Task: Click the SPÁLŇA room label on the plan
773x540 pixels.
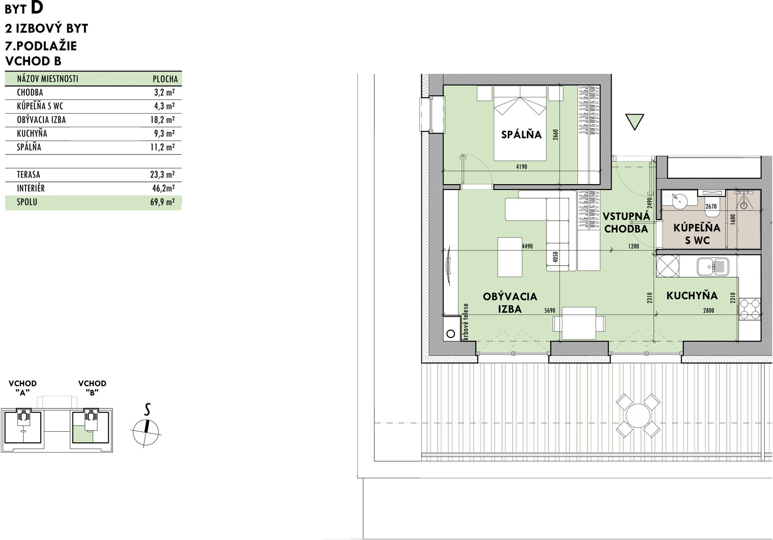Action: tap(521, 134)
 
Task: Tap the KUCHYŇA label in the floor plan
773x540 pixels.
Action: tap(692, 295)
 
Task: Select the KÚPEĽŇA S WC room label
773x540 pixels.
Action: tap(697, 234)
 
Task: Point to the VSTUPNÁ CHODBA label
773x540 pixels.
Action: tap(626, 223)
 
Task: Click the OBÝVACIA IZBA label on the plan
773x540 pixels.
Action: tap(510, 303)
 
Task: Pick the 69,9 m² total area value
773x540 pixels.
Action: tap(162, 202)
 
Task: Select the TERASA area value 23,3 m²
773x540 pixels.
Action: tap(162, 175)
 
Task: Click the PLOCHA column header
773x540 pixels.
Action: tap(165, 79)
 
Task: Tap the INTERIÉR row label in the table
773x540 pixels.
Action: tap(31, 188)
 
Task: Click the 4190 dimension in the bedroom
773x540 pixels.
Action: tap(521, 167)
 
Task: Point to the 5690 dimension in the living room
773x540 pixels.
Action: tap(550, 310)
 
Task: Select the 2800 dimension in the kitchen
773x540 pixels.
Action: tap(708, 310)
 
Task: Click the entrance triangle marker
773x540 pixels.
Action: tap(635, 122)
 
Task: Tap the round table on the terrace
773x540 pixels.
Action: tap(638, 415)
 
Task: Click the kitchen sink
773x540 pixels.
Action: tap(713, 267)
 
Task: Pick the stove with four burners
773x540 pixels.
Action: tap(749, 309)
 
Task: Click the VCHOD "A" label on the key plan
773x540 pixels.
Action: tap(22, 388)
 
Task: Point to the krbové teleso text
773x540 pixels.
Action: tap(466, 322)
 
